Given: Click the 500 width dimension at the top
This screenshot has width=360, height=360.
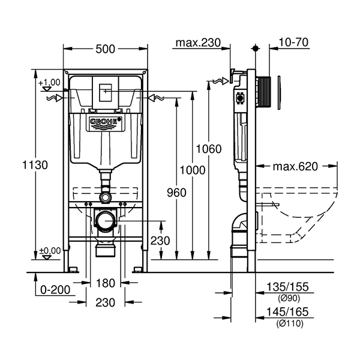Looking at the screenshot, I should click(106, 49).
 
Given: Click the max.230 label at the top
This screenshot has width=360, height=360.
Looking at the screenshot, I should click(194, 43).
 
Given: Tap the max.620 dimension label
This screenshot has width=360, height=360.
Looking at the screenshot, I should click(295, 166).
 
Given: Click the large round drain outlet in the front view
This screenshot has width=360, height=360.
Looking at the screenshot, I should click(106, 220).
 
